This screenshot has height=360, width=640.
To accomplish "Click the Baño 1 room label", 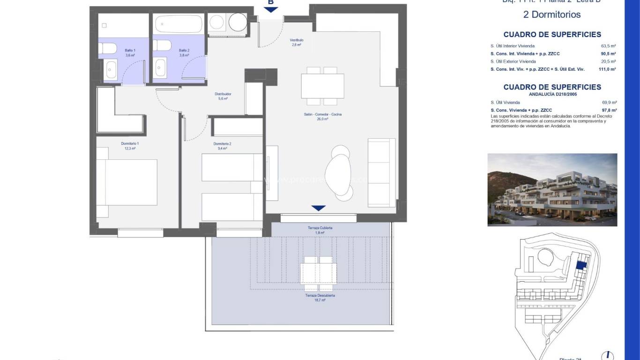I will (x=130, y=50).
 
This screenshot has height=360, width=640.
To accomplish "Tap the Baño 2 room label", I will (x=184, y=50).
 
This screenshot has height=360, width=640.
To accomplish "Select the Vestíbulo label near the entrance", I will (x=296, y=40).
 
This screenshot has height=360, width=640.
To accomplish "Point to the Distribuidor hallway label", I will (x=223, y=94).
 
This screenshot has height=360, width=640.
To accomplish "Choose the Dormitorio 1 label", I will (x=130, y=143).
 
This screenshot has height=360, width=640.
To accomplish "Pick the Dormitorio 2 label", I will (x=223, y=143).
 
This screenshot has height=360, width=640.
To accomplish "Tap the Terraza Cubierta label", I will (x=320, y=228).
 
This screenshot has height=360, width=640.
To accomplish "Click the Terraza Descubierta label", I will (x=320, y=296).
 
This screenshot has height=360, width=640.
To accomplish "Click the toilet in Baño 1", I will (x=108, y=48).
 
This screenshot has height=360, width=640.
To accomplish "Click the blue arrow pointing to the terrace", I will (x=318, y=208).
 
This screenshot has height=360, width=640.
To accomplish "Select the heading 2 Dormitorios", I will (x=551, y=15).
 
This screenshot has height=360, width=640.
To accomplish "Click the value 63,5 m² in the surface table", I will (x=608, y=46).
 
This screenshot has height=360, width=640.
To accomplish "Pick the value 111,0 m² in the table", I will (x=607, y=69).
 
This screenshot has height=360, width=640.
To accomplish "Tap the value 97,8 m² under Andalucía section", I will (x=609, y=110).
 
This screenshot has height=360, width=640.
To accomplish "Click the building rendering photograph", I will (x=552, y=190).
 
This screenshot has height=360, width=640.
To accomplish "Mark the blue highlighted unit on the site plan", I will (x=580, y=265).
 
